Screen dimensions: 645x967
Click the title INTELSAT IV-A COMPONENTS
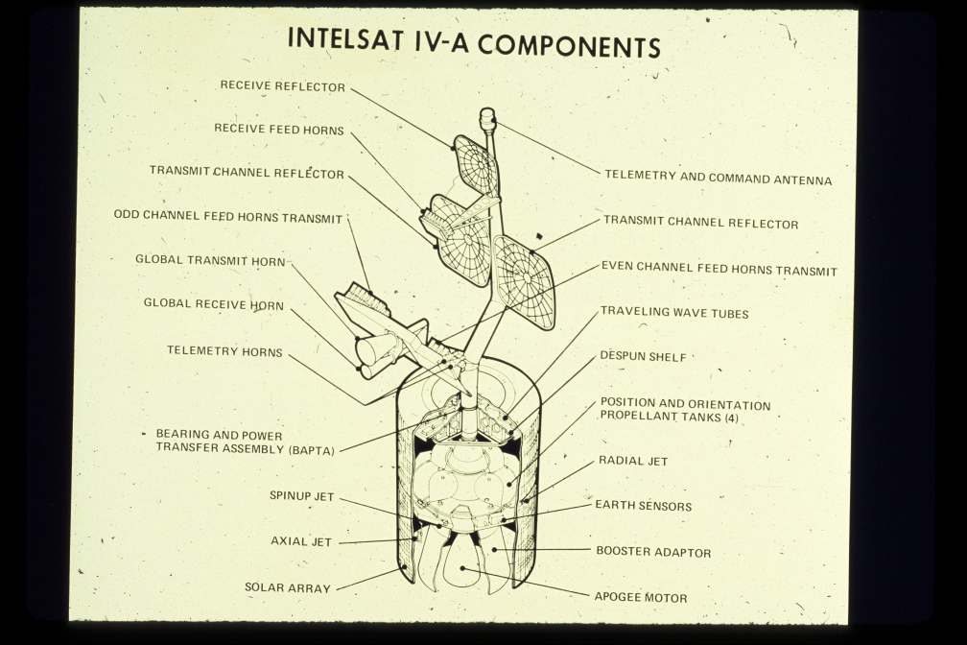point(474,44)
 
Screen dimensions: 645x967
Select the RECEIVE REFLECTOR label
point(283,86)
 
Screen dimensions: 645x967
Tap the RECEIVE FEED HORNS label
point(279,129)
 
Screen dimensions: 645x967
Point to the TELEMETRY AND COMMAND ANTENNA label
point(718,179)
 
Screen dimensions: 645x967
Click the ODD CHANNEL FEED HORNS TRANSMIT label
point(228,218)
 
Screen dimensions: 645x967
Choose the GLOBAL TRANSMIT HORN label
point(210,260)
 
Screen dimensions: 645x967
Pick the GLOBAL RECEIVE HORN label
point(214,304)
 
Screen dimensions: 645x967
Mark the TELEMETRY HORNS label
point(224,351)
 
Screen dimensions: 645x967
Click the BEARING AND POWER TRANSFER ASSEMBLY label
point(246,442)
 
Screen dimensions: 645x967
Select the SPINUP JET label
point(301,496)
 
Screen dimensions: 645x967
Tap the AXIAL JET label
point(301,541)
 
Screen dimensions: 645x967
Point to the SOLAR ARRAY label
point(287,587)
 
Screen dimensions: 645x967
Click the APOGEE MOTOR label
point(641,597)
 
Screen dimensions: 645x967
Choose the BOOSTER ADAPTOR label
point(653,552)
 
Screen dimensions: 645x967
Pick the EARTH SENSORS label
point(643,506)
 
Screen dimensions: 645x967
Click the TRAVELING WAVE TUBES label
point(674,313)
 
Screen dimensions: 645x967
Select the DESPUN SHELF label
point(643,357)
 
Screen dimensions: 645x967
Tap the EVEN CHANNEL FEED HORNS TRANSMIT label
point(719,271)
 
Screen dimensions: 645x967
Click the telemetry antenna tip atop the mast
point(487,118)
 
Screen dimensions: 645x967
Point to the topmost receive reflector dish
point(477,163)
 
